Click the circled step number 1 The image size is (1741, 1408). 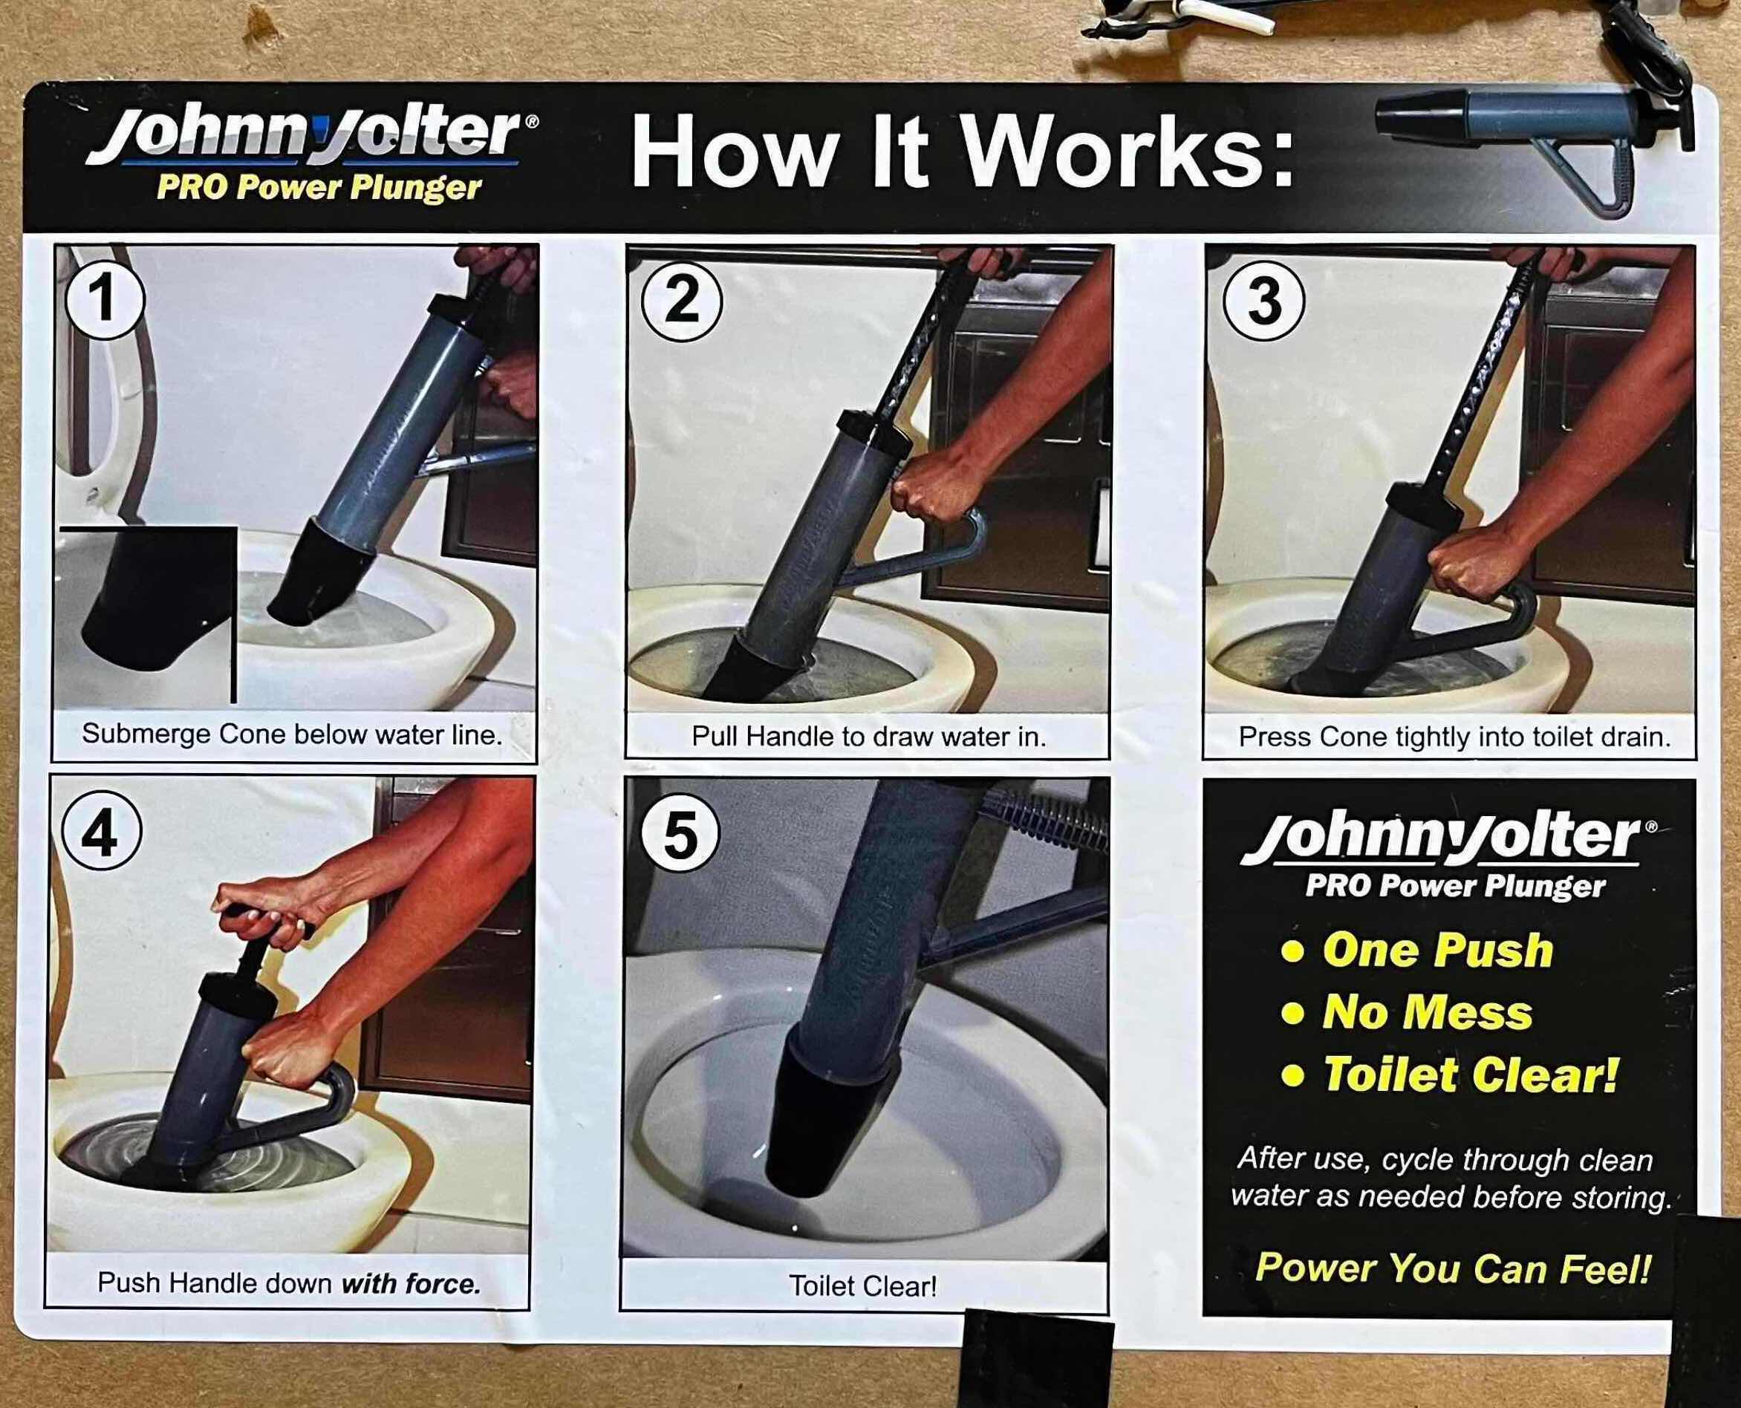pyautogui.click(x=102, y=300)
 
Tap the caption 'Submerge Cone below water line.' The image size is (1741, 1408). pyautogui.click(x=292, y=735)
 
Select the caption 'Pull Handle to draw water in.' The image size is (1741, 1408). pyautogui.click(x=868, y=737)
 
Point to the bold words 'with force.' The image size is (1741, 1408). pyautogui.click(x=411, y=1283)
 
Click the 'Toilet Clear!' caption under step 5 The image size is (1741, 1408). pyautogui.click(x=863, y=1286)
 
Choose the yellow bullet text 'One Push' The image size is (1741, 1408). pyautogui.click(x=1436, y=951)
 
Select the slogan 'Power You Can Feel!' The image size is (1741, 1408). pyautogui.click(x=1451, y=1268)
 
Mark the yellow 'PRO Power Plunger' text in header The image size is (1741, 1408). pyautogui.click(x=319, y=188)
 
